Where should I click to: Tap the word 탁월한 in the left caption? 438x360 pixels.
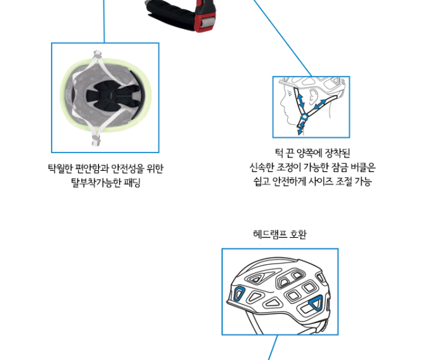coord(61,169)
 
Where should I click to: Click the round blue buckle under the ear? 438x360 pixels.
coord(304,116)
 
